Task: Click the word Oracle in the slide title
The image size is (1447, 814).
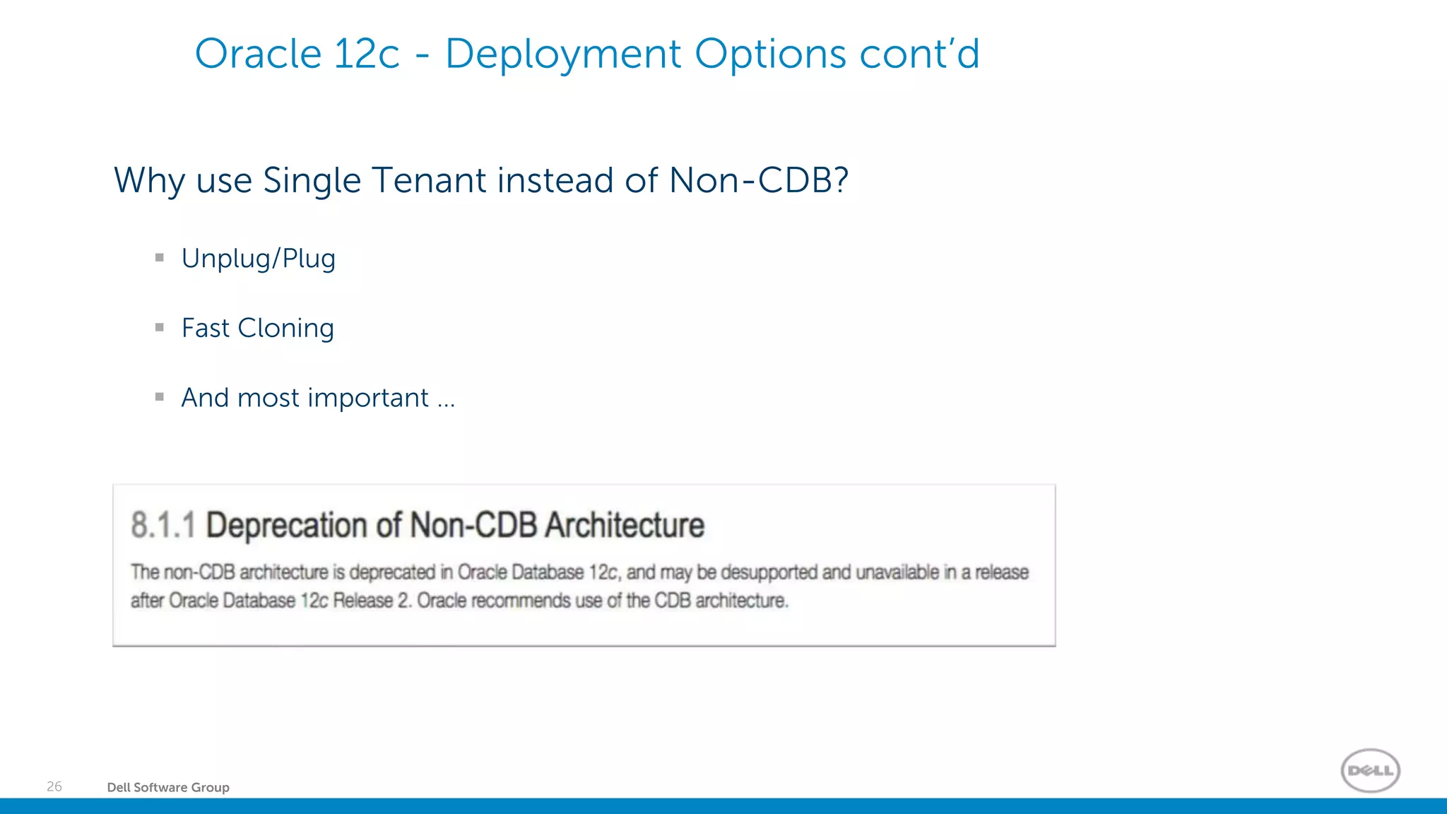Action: [258, 54]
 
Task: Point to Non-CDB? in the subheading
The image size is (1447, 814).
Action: [758, 180]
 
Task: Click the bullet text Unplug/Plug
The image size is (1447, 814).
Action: [258, 259]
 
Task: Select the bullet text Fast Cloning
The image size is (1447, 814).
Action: [257, 328]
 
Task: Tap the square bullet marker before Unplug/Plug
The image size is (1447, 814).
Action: [160, 258]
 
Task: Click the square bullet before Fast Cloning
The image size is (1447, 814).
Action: [160, 327]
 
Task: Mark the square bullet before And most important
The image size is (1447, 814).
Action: [160, 397]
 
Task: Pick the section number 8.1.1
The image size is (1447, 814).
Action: [163, 526]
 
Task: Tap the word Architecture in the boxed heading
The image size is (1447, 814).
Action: [625, 526]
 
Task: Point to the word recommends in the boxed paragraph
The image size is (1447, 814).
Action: [521, 601]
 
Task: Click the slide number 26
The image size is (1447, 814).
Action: [54, 786]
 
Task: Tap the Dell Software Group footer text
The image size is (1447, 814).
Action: [168, 787]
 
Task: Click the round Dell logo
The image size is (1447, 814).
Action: [1370, 770]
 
